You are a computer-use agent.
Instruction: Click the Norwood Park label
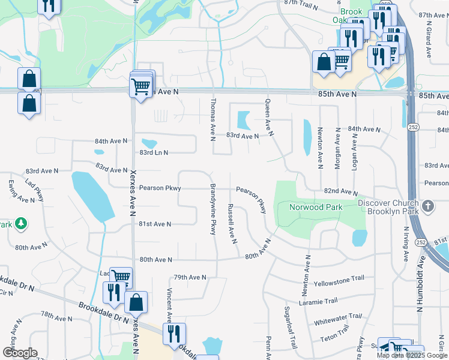pos(316,208)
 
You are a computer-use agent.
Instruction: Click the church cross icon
pos(428,206)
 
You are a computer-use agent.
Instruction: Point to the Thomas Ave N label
pos(212,116)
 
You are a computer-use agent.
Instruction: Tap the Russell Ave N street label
pos(231,223)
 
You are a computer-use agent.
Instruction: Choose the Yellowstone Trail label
pos(339,280)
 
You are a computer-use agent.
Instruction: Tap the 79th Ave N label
pos(190,277)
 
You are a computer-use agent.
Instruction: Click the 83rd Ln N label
pos(154,152)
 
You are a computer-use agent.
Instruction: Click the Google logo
pos(19,352)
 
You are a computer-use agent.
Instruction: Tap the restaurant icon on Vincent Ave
pos(174,334)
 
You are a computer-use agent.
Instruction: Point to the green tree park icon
pos(21,224)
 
